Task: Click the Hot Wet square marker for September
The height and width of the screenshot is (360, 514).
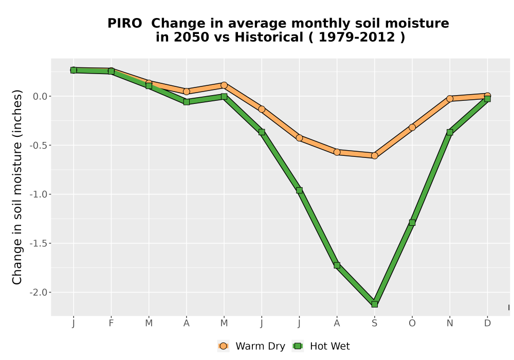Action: [374, 304]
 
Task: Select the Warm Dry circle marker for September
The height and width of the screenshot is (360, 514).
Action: [374, 156]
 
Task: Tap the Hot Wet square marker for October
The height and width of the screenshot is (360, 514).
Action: [412, 223]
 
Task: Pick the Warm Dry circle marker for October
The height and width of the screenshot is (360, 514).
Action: [412, 127]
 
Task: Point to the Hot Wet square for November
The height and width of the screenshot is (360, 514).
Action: [450, 132]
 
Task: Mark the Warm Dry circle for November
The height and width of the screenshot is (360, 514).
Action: [450, 98]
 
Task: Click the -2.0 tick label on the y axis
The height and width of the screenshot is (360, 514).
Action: [39, 293]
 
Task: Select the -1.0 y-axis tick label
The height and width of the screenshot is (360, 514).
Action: [39, 194]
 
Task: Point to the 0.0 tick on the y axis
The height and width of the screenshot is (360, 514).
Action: [40, 96]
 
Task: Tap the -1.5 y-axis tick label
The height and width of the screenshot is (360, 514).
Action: [39, 243]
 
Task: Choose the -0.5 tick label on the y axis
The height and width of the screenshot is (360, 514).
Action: [39, 145]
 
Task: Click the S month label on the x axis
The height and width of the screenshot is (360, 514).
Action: [374, 323]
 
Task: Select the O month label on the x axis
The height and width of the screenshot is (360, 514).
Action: [412, 323]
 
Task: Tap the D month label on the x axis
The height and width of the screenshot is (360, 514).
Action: [487, 323]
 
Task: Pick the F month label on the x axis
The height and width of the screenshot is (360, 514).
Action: [111, 323]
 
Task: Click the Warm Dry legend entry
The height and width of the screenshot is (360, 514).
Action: [251, 346]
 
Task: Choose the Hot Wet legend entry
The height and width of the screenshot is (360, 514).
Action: [321, 346]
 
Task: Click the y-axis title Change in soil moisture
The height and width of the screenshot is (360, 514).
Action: [17, 187]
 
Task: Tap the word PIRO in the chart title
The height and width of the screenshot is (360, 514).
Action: [125, 23]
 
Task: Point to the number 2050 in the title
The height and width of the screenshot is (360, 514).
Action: [191, 37]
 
